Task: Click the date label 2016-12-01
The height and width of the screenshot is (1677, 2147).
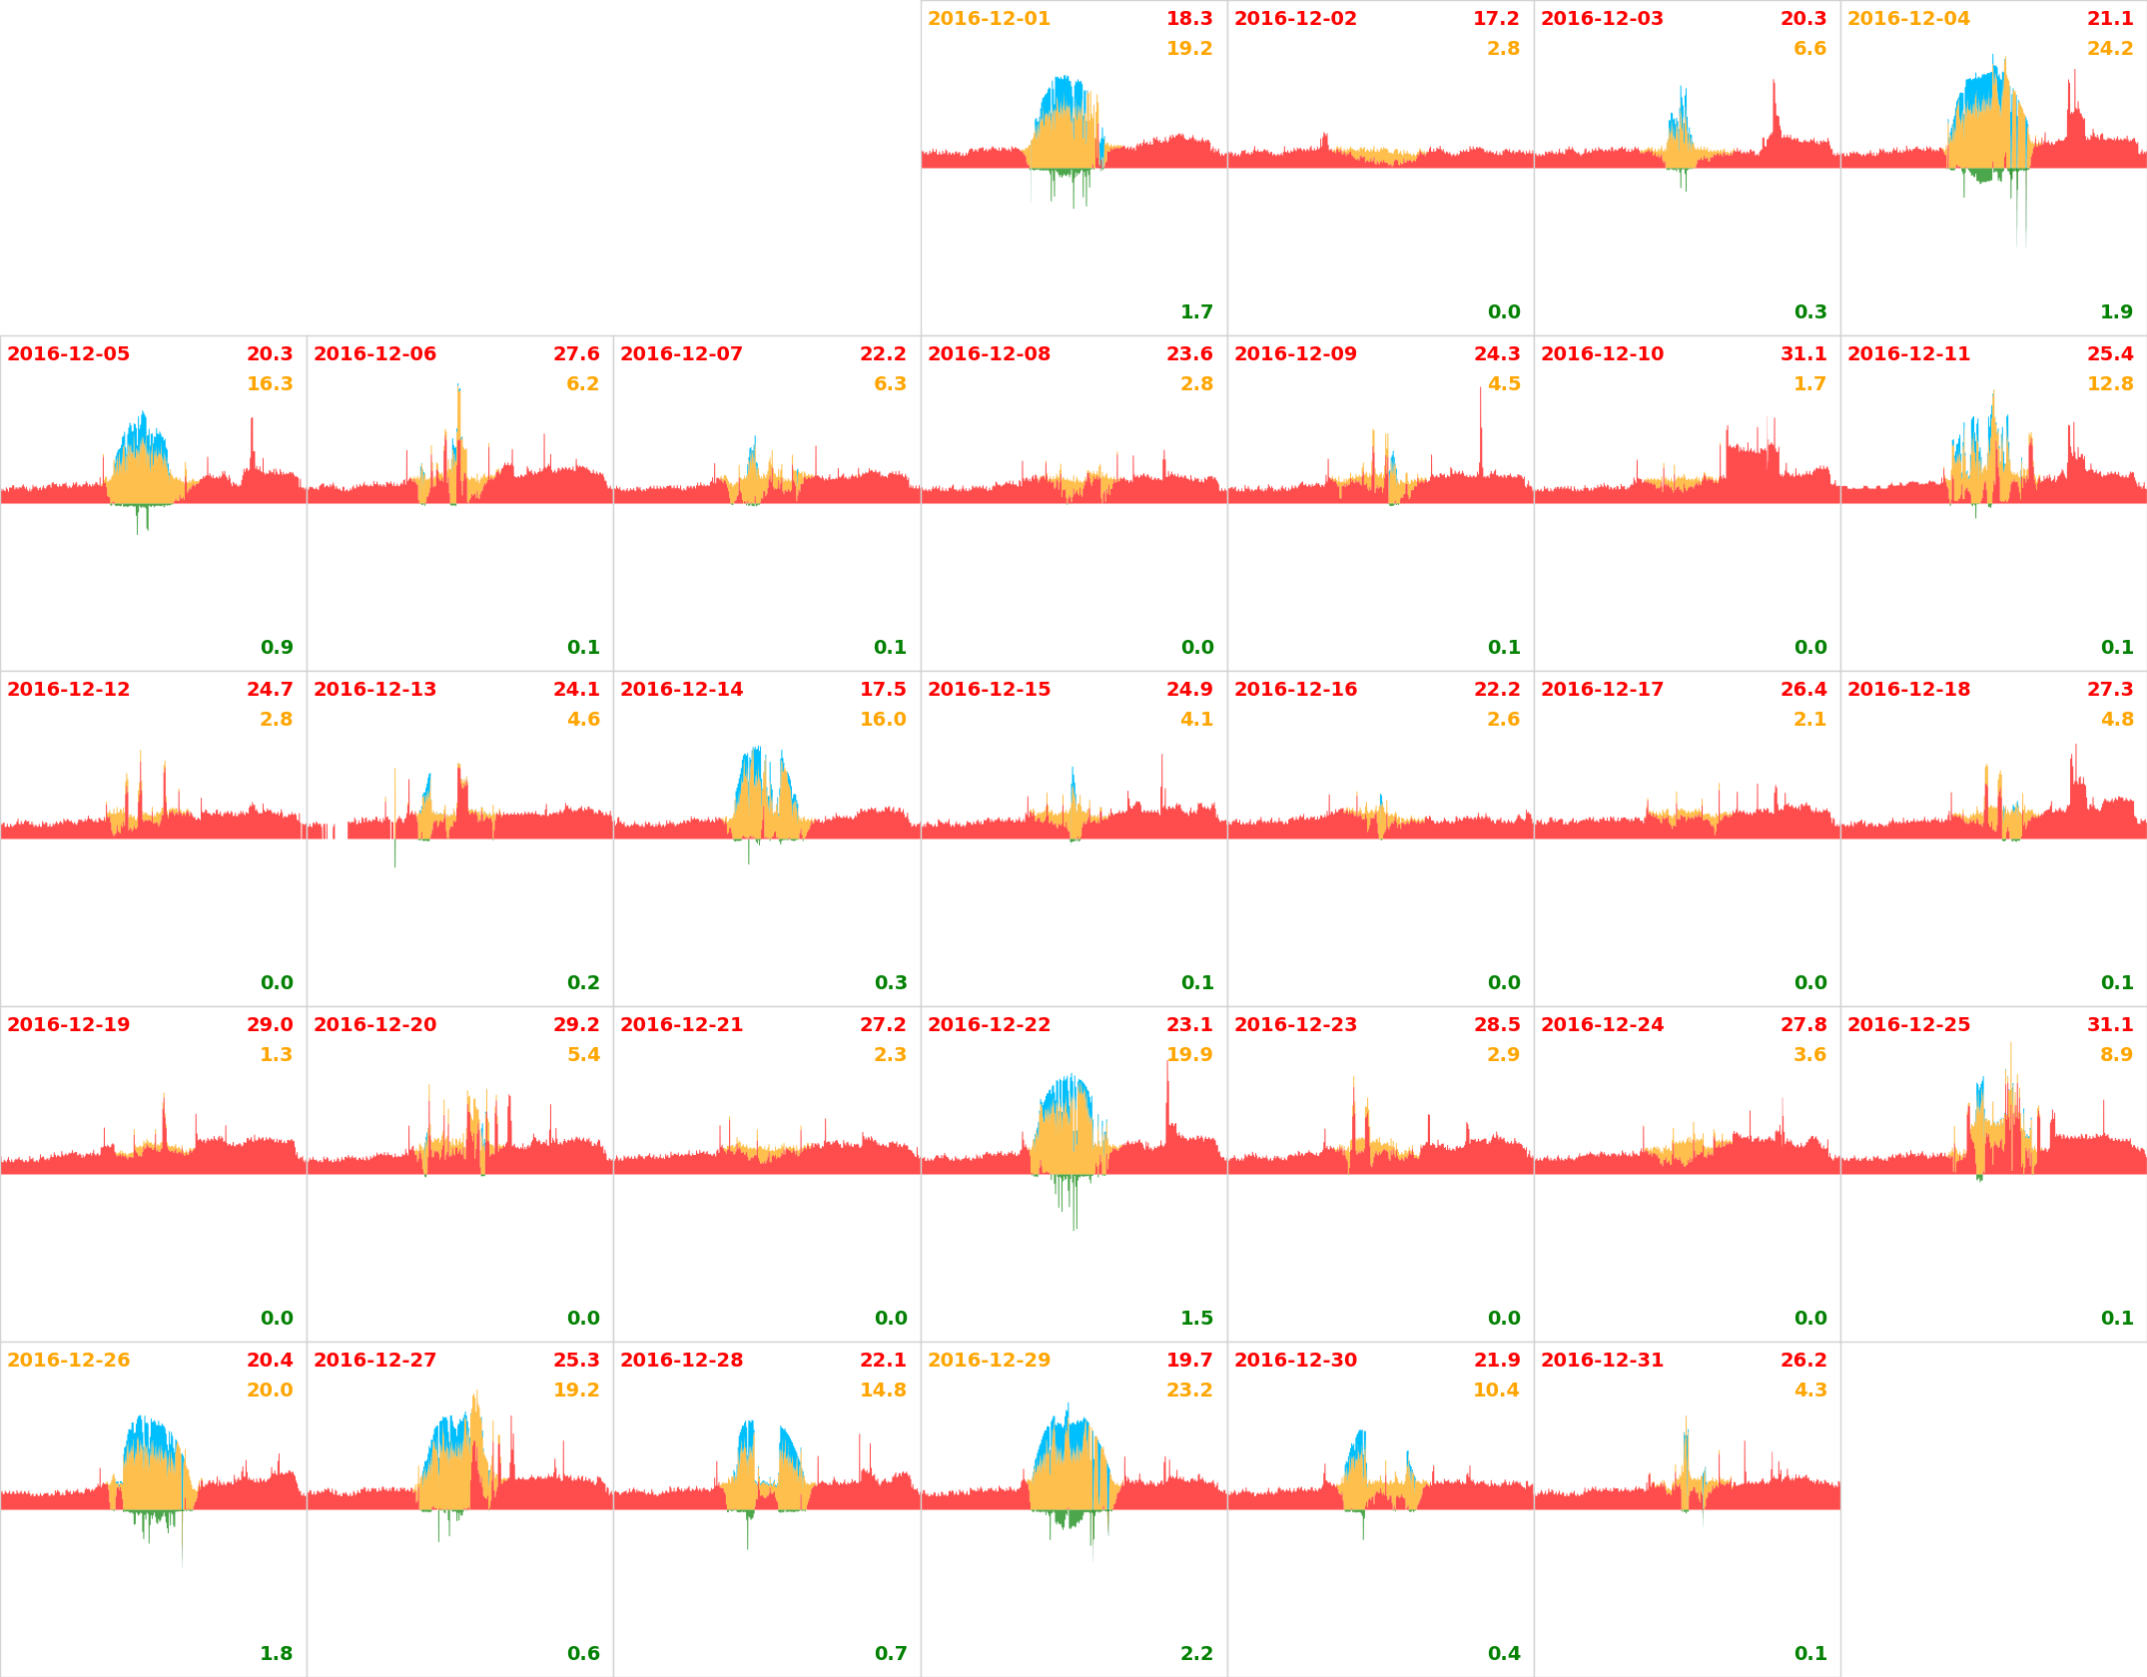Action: [989, 19]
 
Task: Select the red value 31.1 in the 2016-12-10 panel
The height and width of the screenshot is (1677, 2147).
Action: [1802, 354]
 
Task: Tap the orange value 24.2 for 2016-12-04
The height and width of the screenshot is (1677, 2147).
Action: [2109, 49]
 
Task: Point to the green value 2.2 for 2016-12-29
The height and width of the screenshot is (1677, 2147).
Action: [1196, 1654]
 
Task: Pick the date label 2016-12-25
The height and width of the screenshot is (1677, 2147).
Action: [1908, 1025]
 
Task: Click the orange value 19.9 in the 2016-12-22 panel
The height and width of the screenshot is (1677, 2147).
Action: [1188, 1055]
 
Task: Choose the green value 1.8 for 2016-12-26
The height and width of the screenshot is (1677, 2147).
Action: [276, 1654]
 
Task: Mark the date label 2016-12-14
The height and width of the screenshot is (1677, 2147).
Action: [681, 690]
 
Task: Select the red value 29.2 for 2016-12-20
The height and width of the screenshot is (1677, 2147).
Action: [576, 1025]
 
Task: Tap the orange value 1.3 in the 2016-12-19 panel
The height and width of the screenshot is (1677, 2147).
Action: [276, 1055]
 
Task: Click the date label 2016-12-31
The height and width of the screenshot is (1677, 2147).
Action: [1602, 1361]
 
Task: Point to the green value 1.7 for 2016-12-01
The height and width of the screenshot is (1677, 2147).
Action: [1196, 312]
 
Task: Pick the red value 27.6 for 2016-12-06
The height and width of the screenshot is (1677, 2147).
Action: [576, 354]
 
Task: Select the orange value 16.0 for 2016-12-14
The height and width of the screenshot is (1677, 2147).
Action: [883, 720]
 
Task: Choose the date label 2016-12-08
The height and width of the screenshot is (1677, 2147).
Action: [989, 354]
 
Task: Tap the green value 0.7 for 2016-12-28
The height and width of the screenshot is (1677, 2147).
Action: [890, 1654]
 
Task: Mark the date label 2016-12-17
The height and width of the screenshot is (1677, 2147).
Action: [1602, 690]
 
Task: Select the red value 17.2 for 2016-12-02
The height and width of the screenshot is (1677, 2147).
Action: [1495, 19]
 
